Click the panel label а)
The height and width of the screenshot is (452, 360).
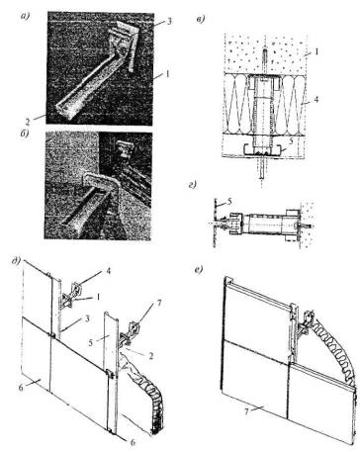[x=25, y=16]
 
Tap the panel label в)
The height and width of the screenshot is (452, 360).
[x=200, y=19]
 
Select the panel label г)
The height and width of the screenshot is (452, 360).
[x=192, y=185]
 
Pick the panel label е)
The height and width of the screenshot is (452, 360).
[x=199, y=271]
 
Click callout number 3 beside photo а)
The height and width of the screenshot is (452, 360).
[x=169, y=22]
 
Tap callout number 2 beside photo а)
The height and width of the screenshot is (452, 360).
[x=28, y=122]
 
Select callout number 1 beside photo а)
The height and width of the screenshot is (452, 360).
[x=167, y=74]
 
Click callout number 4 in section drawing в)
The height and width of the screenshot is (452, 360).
[x=316, y=99]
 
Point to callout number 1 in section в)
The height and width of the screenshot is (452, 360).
[x=316, y=51]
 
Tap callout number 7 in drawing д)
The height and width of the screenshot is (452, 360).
[x=158, y=303]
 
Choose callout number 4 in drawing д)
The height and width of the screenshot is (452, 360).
[x=109, y=271]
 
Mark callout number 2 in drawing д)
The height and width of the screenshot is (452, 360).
[x=151, y=356]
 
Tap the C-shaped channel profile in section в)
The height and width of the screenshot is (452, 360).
[x=263, y=152]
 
